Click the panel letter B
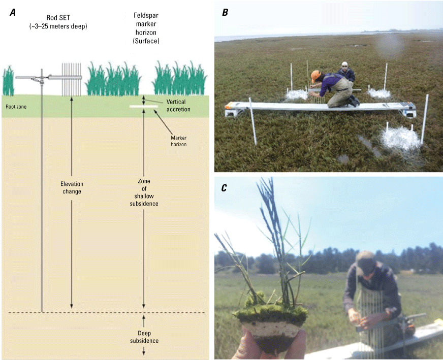coord(225,13)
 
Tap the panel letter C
coord(225,188)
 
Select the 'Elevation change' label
coord(71,188)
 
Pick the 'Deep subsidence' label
coord(144,337)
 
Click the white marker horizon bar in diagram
coord(144,107)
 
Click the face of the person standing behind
coord(345,66)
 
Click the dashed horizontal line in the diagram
coord(102,312)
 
